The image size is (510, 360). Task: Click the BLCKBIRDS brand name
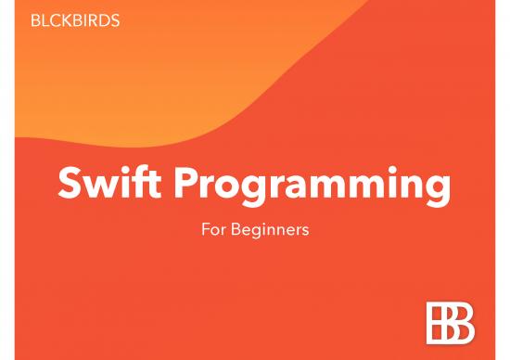click(x=75, y=20)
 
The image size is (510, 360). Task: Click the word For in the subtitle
click(x=212, y=229)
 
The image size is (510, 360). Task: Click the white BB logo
click(x=450, y=323)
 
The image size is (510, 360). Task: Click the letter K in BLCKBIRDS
click(x=66, y=20)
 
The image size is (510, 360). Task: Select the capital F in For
click(x=205, y=229)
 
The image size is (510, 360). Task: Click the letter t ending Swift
click(x=161, y=185)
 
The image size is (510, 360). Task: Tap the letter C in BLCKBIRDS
click(x=54, y=20)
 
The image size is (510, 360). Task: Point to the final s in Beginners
click(x=304, y=231)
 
